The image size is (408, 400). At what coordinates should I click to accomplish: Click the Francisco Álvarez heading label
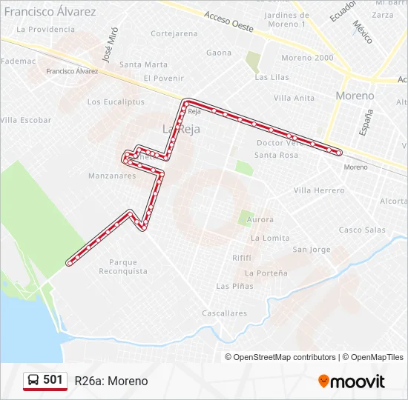click(50, 12)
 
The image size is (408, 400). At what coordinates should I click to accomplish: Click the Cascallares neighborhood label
click(225, 313)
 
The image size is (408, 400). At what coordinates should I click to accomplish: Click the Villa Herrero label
click(319, 190)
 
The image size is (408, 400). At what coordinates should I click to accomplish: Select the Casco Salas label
click(362, 230)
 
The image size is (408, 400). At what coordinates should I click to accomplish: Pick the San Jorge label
click(312, 250)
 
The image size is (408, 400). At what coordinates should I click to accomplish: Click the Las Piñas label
click(234, 286)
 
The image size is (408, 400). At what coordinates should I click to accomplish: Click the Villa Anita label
click(294, 98)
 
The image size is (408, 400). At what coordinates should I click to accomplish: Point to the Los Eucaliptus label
click(116, 102)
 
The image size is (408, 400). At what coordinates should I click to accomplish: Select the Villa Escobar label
click(27, 120)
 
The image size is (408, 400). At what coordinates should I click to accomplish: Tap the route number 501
click(53, 380)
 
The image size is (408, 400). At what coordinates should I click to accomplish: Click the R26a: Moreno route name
click(111, 381)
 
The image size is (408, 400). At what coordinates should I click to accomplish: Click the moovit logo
click(352, 381)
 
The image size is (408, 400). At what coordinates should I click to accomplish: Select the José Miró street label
click(111, 47)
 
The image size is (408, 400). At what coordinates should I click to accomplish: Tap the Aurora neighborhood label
click(260, 219)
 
